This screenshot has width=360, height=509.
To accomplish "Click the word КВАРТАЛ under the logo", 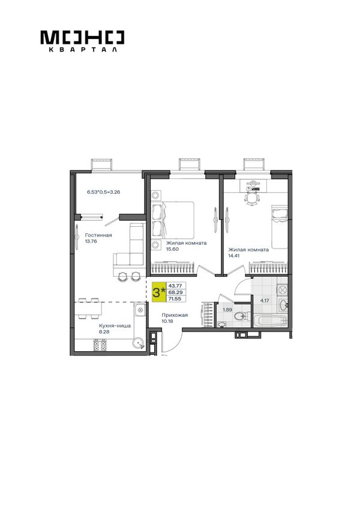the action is coord(82,50).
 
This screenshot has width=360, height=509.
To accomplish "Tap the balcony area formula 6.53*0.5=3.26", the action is coord(104,192).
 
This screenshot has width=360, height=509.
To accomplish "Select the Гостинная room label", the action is coord(98,235).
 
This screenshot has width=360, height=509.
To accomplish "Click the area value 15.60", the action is coord(172,249).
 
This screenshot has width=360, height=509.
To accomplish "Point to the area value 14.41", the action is coord(234,256).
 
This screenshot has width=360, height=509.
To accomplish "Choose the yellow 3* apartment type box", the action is coord(159,292).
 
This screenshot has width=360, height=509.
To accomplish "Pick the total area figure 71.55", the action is coord(175,299).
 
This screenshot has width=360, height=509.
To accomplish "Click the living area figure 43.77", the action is coord(175,286).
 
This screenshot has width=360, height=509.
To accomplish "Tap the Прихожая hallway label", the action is coord(175,315).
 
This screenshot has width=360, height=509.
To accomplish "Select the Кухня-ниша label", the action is coord(115,325).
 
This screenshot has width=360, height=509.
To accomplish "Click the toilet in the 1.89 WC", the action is coord(241,316).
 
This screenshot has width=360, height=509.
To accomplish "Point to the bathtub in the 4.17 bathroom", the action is coord(270,321).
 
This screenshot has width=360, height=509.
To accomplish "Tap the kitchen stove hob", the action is coord(100,345).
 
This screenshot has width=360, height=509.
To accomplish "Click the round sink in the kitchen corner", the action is coord(139,343).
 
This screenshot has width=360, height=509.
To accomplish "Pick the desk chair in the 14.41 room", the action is coord(252,198).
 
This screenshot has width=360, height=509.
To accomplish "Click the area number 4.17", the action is coord(265,301).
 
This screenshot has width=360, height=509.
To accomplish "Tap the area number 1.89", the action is coord(227,309).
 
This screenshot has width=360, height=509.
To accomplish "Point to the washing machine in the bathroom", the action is coord(282,289).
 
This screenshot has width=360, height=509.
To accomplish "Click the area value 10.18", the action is coord(167,321).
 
